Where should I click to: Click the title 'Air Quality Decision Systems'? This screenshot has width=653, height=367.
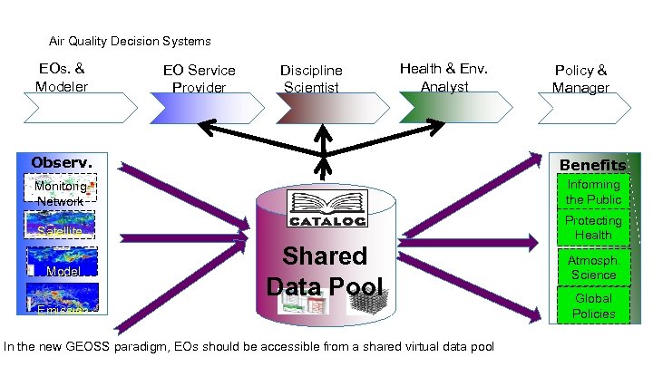129,41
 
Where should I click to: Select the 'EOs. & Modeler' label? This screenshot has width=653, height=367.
62,78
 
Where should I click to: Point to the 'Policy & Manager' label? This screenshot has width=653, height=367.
580,79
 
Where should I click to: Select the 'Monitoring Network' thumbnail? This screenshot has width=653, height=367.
62,192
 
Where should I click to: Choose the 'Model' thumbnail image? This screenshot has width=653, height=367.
61,265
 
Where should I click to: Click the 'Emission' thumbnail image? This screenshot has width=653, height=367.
61,303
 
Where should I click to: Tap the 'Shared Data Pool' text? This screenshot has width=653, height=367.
324,271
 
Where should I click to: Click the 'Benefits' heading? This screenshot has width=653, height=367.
592,165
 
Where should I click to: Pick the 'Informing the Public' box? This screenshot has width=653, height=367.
593,192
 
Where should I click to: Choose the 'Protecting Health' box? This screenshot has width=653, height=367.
593,227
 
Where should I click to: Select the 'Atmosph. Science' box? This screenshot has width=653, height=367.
593,266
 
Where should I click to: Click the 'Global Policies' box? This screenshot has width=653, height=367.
593,305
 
